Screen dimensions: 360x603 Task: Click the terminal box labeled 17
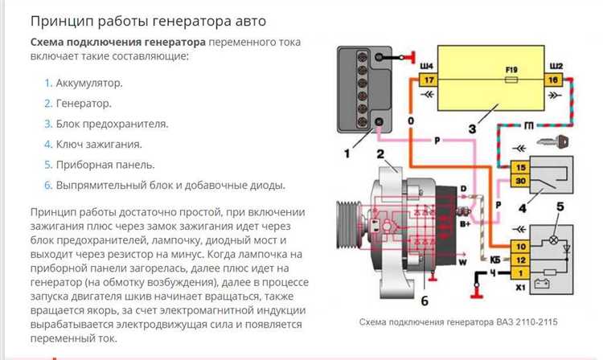click(x=429, y=80)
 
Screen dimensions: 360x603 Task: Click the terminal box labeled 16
click(x=553, y=80)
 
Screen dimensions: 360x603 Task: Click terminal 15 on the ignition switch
click(x=520, y=166)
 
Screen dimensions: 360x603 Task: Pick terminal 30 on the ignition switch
click(x=520, y=182)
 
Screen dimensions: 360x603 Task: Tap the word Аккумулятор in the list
click(x=90, y=83)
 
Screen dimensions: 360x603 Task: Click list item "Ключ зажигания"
click(x=99, y=144)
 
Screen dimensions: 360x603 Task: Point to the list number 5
click(x=47, y=165)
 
